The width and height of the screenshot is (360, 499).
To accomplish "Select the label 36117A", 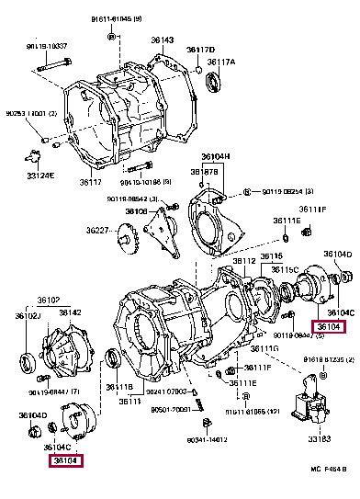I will click(221, 62).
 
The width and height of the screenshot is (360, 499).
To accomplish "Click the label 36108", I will click(136, 211).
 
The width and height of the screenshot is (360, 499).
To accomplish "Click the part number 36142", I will click(71, 312).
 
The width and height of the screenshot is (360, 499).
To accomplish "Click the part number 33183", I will click(320, 438).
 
